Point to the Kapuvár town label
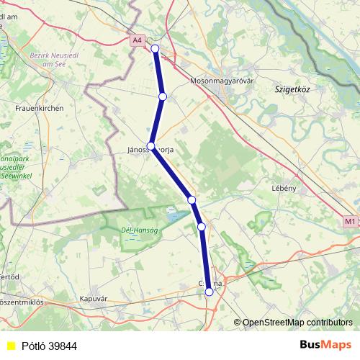click(94, 297)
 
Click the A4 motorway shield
click(138, 40)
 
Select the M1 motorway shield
click(350, 221)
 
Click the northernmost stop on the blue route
click(155, 48)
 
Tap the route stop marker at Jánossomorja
click(150, 145)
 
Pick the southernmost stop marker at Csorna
click(210, 292)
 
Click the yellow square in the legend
click(10, 346)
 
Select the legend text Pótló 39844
click(49, 346)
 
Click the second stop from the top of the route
click(163, 96)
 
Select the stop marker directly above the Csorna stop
click(202, 227)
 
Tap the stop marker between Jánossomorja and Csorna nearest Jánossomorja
click(191, 199)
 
